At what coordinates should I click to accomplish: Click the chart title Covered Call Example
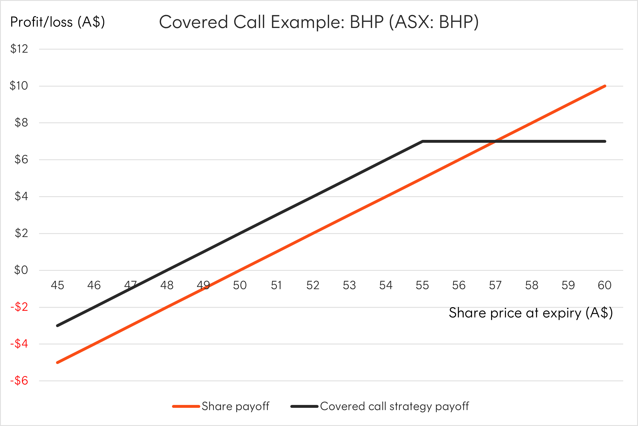coord(319,22)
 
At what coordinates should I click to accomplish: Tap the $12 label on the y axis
coord(19,49)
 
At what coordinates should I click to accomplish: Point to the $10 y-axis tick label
coord(19,86)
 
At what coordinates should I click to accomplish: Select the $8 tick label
coord(21,123)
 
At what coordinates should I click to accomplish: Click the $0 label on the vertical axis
coord(21,270)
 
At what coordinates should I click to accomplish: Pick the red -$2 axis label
coord(19,307)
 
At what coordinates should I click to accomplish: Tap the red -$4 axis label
coord(19,344)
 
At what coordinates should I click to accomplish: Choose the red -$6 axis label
coord(19,381)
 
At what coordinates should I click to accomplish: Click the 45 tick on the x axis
coord(57,285)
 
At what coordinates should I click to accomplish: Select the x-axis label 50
coord(240,285)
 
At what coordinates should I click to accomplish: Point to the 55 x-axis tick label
coord(422,285)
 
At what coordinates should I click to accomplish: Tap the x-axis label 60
coord(605,285)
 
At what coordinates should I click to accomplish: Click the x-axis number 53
coord(349,285)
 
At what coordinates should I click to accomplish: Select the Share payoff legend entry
coord(235,406)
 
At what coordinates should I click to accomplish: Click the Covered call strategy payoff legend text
coord(394,406)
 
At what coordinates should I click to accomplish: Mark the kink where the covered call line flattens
coord(422,141)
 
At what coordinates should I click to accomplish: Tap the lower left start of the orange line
coord(58,362)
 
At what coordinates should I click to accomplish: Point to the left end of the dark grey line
coord(58,325)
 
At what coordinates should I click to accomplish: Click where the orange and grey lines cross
coord(495,141)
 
